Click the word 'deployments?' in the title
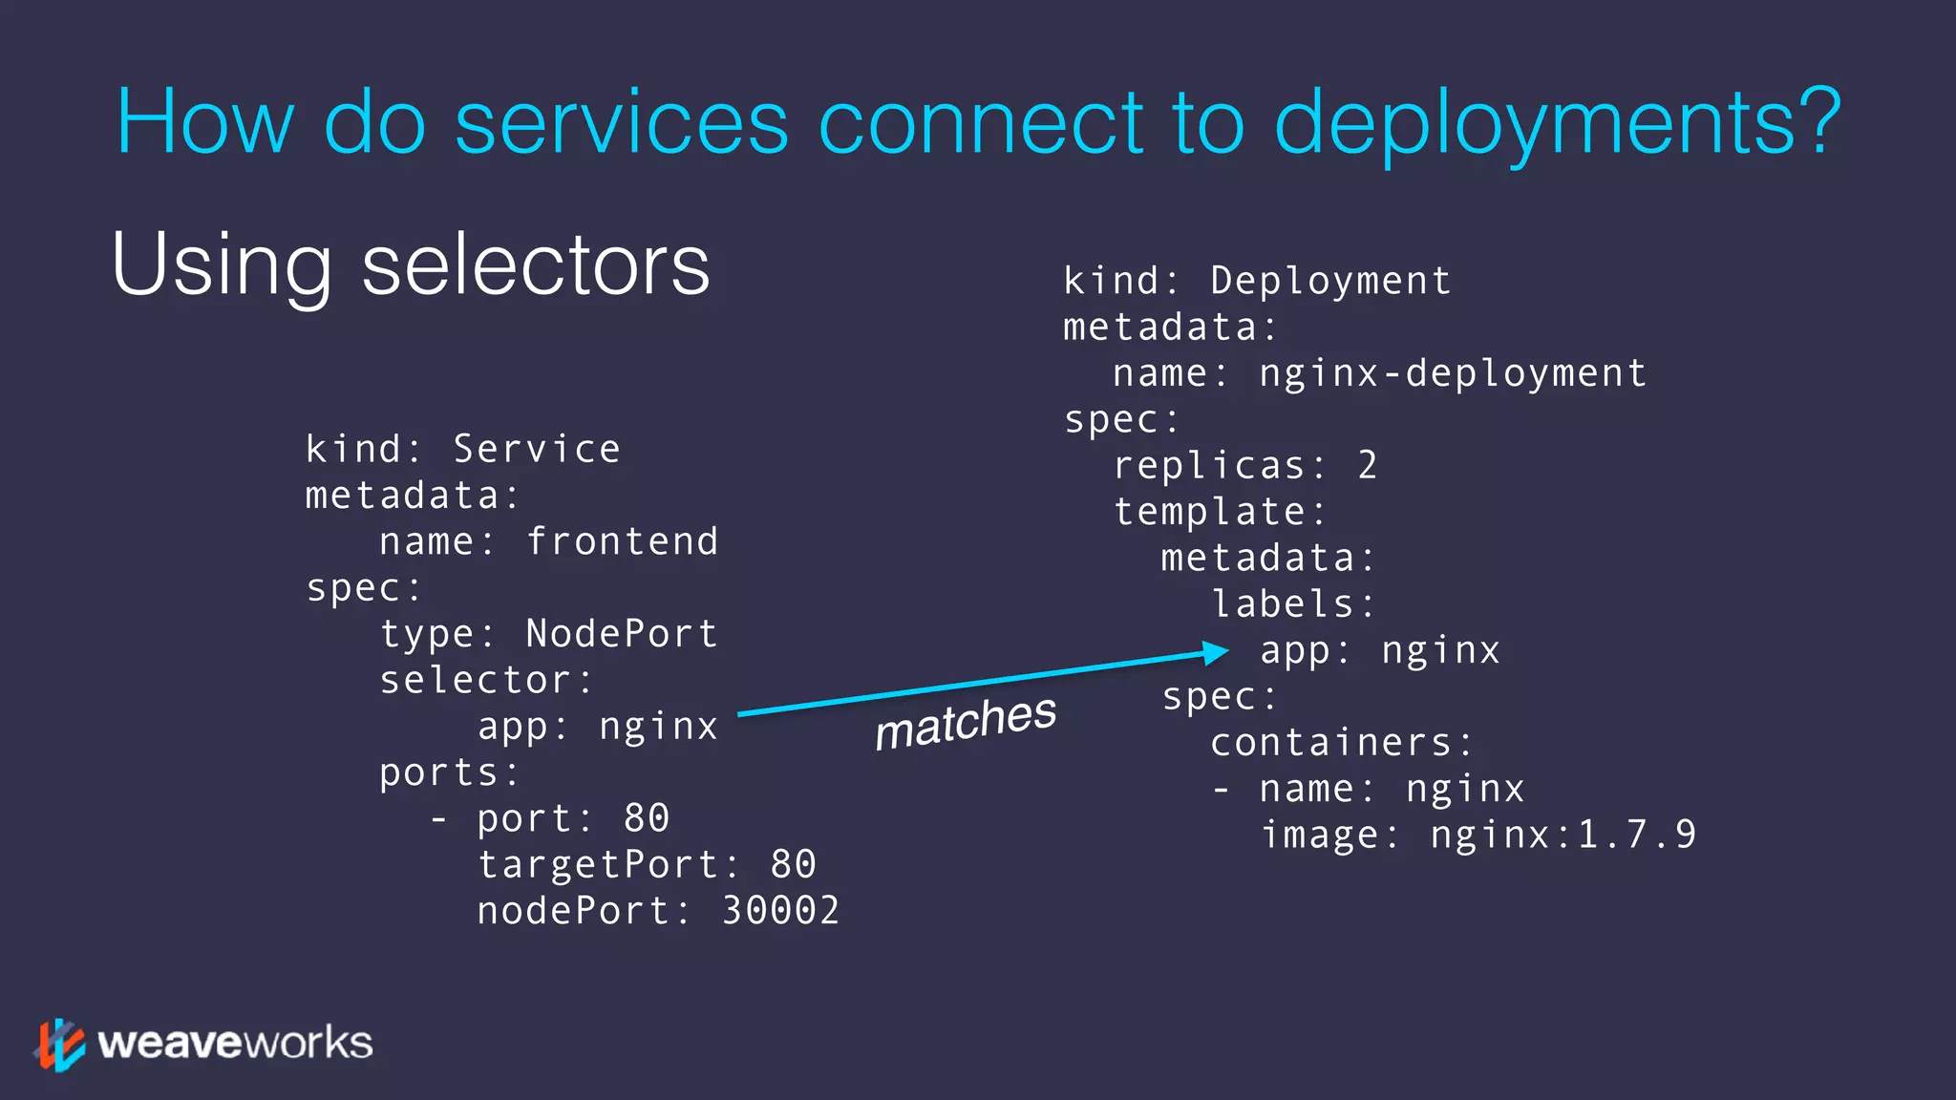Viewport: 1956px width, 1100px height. [1557, 124]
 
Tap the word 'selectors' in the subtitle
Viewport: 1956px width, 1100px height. [536, 264]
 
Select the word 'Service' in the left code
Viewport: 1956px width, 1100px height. [537, 449]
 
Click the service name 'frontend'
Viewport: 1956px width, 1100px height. [622, 541]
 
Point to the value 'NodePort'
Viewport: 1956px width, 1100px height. [622, 634]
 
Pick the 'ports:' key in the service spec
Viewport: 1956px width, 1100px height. [450, 772]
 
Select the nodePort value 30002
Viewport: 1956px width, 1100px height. [780, 911]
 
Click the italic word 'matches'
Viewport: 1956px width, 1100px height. [966, 722]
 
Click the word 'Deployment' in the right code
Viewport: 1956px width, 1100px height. [1330, 281]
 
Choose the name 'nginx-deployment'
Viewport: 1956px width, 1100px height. [1453, 373]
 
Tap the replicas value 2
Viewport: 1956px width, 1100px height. [1368, 466]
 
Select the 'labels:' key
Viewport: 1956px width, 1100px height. [1293, 604]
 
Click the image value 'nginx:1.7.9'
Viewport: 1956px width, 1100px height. [1563, 836]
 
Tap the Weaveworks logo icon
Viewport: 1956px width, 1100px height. [59, 1045]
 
